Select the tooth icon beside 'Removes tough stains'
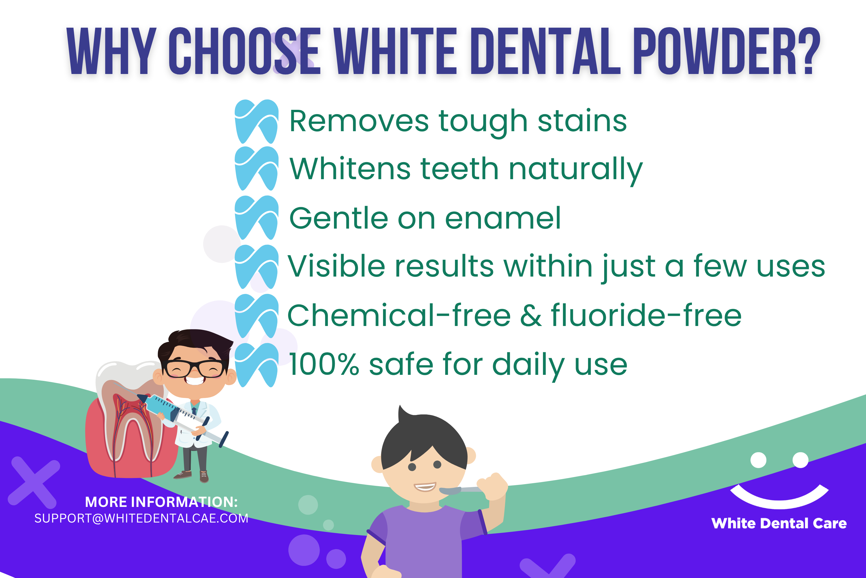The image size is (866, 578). click(257, 122)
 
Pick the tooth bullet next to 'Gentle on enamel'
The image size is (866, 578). click(257, 218)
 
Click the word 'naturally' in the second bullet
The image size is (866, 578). click(576, 170)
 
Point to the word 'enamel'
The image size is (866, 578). click(503, 218)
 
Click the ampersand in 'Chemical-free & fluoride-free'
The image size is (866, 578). click(531, 316)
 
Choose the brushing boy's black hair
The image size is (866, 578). click(423, 440)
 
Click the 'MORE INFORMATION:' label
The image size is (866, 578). click(161, 502)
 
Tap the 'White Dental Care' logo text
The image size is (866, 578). click(779, 523)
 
